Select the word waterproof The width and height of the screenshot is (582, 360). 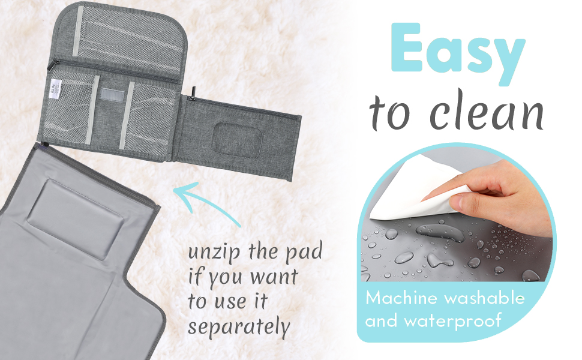tap(452, 320)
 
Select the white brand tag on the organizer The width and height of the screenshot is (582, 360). tap(55, 89)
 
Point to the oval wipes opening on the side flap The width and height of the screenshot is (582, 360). tap(237, 140)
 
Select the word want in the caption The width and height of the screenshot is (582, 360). tap(274, 277)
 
